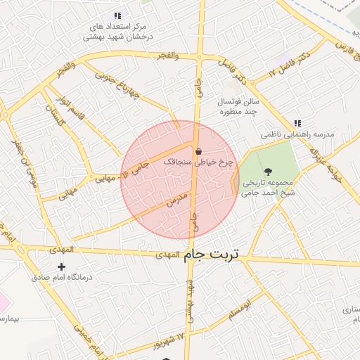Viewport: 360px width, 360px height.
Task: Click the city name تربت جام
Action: tap(212, 255)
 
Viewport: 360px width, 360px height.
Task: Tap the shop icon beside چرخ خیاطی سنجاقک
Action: tap(199, 151)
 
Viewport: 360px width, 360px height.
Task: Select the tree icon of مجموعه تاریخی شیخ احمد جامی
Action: tap(267, 171)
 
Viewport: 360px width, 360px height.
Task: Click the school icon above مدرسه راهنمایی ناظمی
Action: tap(298, 123)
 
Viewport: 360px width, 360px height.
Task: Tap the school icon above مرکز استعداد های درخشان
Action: tap(117, 15)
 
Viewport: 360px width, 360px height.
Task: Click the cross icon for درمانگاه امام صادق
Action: tap(61, 266)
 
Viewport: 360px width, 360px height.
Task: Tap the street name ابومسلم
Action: tap(239, 311)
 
